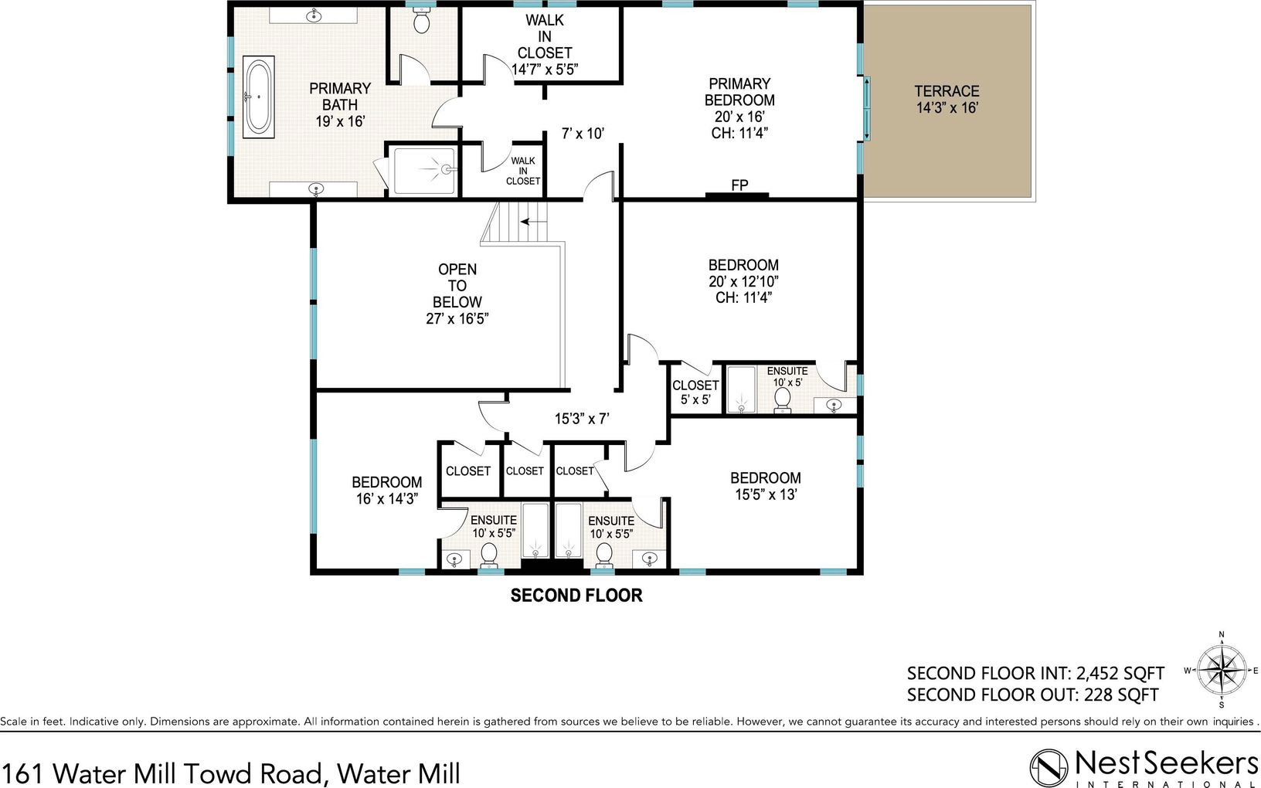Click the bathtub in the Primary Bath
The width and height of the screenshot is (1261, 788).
point(258,97)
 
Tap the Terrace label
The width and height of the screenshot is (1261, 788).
point(947,99)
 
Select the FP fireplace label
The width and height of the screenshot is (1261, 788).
point(739,185)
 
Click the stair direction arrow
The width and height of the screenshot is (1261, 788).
point(533,222)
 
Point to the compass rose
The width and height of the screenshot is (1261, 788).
point(1221,671)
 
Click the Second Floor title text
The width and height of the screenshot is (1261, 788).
point(576,596)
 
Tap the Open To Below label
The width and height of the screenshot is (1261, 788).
point(457,294)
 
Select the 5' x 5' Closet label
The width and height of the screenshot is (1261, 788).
point(695,392)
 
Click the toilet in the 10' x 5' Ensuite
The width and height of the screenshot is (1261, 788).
point(783,399)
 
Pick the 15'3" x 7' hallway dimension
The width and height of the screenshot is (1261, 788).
point(582,419)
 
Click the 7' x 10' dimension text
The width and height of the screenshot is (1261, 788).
point(583,134)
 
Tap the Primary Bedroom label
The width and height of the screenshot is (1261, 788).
point(739,108)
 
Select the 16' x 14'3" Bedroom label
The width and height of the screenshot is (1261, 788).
point(387,491)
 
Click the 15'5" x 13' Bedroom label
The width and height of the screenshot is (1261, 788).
point(766,486)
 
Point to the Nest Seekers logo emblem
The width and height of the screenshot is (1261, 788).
point(1049,768)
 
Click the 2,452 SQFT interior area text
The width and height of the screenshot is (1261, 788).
point(1120,673)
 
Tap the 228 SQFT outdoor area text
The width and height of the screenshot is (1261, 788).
point(1121,695)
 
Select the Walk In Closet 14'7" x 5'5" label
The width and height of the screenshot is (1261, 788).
point(545,45)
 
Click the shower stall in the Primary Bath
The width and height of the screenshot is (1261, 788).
point(424,171)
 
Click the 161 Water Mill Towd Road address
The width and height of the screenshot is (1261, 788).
point(231,773)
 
